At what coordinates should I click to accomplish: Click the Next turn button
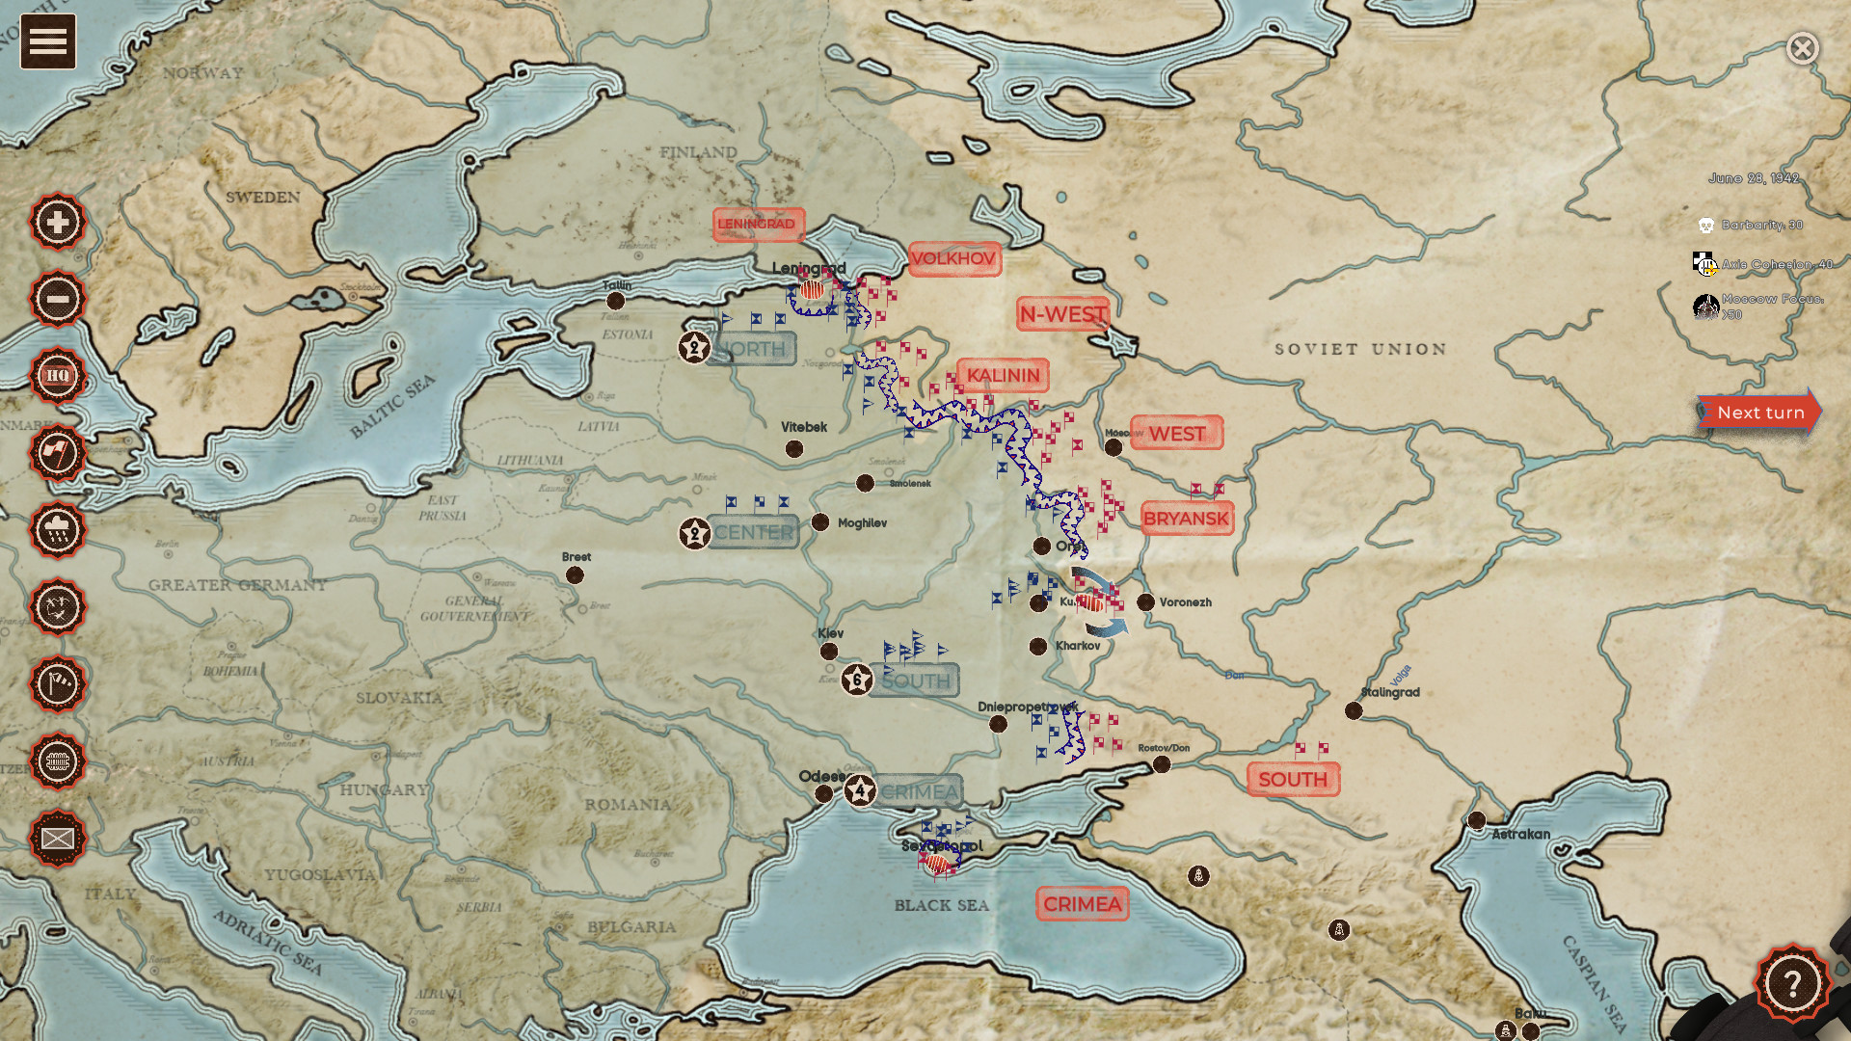pos(1759,413)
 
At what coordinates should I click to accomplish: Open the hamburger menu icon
pos(48,41)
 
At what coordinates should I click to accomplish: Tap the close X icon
pos(1802,48)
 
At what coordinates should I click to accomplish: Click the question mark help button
pos(1791,983)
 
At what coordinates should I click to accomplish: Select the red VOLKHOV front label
pos(953,258)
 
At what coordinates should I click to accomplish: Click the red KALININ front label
pos(1003,375)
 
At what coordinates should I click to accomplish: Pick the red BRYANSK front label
pos(1186,519)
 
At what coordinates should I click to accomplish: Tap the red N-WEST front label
pos(1062,314)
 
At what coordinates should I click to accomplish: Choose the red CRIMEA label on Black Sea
pos(1082,904)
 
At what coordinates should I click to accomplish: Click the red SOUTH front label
pos(1292,779)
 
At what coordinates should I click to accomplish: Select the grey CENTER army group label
pos(753,532)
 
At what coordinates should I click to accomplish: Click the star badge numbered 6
pos(857,680)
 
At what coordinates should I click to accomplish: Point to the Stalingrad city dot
pos(1354,711)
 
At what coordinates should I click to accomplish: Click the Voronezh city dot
pos(1145,602)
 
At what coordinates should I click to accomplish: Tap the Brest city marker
pos(575,575)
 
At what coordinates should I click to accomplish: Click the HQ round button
pos(58,376)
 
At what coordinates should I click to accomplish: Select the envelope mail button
pos(58,839)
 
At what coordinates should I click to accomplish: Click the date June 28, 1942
pos(1754,178)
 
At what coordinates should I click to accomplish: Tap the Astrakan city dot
pos(1476,820)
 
